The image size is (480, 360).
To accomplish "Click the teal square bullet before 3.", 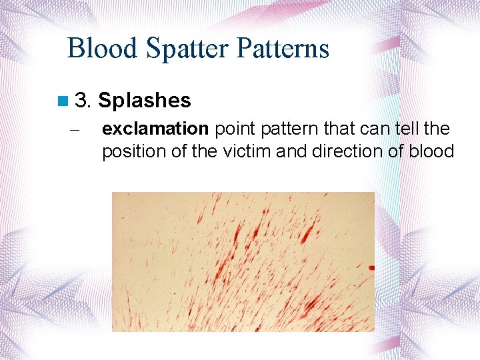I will pos(63,101).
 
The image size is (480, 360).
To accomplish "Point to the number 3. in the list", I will pos(83,101).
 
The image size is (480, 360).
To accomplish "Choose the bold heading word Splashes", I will pos(145,101).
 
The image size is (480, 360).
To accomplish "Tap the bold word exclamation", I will pos(155,129).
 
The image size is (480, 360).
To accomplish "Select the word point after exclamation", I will pos(235,129).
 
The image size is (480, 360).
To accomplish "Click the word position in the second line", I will pos(133,151).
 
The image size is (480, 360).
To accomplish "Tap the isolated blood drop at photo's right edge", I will pos(371,268).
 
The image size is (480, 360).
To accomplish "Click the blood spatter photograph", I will pos(243,261).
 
